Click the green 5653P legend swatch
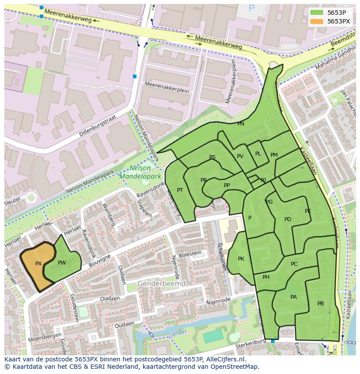[317, 12]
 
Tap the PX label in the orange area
[38, 264]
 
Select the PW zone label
[62, 263]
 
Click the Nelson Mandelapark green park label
[140, 172]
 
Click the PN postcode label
[240, 124]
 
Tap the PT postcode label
[180, 190]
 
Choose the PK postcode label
[241, 259]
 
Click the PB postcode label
[320, 304]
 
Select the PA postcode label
[293, 297]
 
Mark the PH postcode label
[266, 277]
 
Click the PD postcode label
[287, 219]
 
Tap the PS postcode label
[212, 157]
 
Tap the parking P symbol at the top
[251, 8]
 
